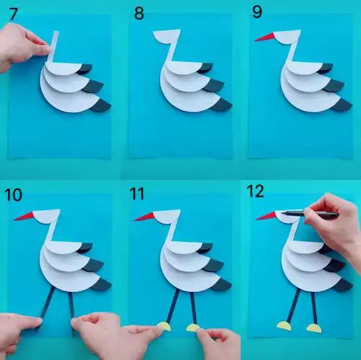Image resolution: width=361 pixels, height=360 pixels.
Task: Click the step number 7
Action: tap(14, 14)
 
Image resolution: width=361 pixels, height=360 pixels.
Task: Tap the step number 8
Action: tap(139, 13)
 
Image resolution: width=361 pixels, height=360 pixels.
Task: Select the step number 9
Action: tap(257, 12)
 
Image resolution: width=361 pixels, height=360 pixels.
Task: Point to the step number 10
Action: tap(13, 195)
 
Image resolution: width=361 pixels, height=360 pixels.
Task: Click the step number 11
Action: tap(137, 194)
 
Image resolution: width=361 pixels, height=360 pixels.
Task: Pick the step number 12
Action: tap(255, 191)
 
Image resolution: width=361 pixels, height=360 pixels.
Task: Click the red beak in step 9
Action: tap(265, 37)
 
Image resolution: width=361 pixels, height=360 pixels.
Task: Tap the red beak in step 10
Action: tap(24, 216)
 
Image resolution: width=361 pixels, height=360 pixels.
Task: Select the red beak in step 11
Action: tap(145, 216)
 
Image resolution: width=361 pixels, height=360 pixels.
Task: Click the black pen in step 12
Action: tap(310, 214)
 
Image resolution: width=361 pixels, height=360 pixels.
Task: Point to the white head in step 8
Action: tap(167, 36)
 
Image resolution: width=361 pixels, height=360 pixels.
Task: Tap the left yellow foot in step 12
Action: tap(285, 325)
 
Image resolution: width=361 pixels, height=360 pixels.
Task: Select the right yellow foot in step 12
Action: tap(314, 328)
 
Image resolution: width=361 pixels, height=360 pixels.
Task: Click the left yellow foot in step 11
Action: tap(164, 326)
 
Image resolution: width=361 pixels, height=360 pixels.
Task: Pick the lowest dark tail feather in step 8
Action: tap(221, 105)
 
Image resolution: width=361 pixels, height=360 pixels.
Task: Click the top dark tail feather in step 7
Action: tap(84, 68)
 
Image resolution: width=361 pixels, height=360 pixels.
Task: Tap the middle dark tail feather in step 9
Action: tap(334, 86)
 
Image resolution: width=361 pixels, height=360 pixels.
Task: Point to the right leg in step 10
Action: tap(71, 312)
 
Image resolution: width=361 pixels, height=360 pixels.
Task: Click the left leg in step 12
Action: tap(294, 305)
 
